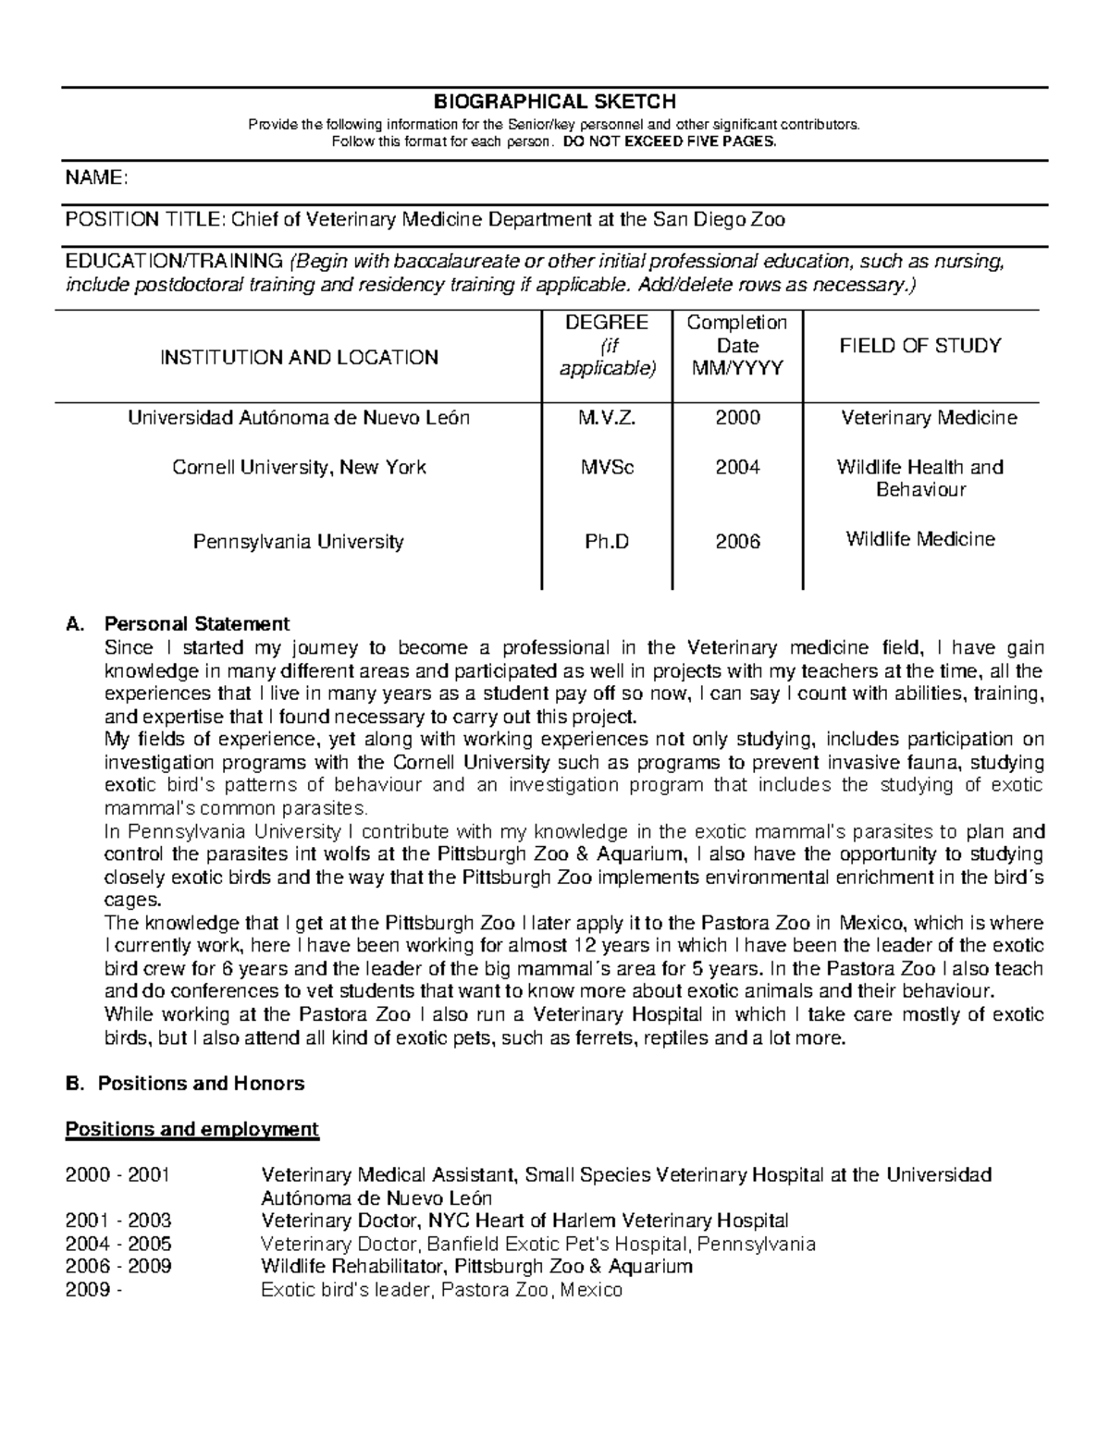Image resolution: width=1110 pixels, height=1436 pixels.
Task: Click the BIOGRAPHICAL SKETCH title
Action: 555,102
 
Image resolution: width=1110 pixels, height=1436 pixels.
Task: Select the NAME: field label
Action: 95,178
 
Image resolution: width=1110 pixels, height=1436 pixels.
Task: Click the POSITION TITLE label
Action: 143,220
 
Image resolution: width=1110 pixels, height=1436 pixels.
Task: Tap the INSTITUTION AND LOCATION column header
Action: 299,358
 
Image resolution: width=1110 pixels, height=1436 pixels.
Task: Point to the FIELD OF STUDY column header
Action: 919,346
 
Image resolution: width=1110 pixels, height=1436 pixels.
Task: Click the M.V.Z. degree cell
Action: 607,418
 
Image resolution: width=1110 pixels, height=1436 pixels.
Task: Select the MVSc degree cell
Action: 607,468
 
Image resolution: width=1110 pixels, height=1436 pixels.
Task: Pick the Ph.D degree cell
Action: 607,542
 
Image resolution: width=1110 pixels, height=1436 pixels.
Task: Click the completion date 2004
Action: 737,468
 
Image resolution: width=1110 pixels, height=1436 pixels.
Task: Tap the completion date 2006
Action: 737,542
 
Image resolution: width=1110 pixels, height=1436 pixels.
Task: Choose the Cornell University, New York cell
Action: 299,468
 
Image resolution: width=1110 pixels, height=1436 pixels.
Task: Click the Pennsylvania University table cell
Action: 299,542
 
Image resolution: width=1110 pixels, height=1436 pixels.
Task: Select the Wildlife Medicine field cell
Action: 920,539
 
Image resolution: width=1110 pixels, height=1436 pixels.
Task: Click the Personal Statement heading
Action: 197,624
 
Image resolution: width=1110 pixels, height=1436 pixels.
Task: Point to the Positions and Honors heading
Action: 201,1084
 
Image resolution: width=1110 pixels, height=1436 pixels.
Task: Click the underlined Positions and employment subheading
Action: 191,1129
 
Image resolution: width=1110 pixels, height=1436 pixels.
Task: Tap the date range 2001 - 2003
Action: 118,1221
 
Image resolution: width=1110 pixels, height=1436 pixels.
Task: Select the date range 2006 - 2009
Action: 118,1267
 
